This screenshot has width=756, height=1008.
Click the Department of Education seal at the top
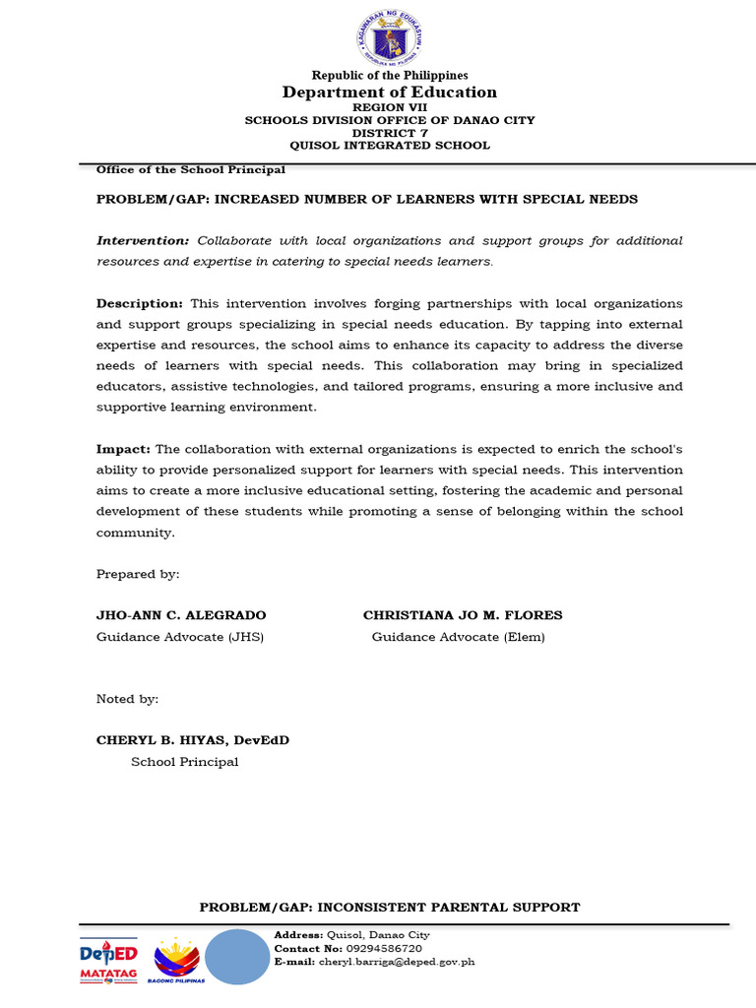coord(390,38)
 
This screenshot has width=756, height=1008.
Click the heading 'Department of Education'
coord(390,93)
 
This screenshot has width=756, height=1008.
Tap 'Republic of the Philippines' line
coord(390,76)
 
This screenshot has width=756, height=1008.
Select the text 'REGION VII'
coord(390,107)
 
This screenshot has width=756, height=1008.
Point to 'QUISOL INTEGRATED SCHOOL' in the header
coord(390,145)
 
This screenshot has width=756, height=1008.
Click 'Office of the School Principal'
coord(190,169)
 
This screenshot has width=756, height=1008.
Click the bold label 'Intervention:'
coord(143,241)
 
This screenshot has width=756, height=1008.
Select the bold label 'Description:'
coord(140,303)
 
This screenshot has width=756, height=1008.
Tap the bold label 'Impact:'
coord(123,448)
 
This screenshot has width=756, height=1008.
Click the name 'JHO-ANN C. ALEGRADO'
coord(181,615)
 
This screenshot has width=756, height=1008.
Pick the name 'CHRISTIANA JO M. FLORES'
coord(463,615)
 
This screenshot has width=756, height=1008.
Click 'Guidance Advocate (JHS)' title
coord(180,637)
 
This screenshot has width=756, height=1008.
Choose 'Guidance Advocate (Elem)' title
coord(458,637)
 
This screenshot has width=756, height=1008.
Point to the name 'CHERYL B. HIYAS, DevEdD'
coord(193,740)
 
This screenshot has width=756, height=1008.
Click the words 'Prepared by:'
coord(138,574)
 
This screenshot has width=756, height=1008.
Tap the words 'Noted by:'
coord(127,699)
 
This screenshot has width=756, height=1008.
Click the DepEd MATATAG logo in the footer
coord(108,961)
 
